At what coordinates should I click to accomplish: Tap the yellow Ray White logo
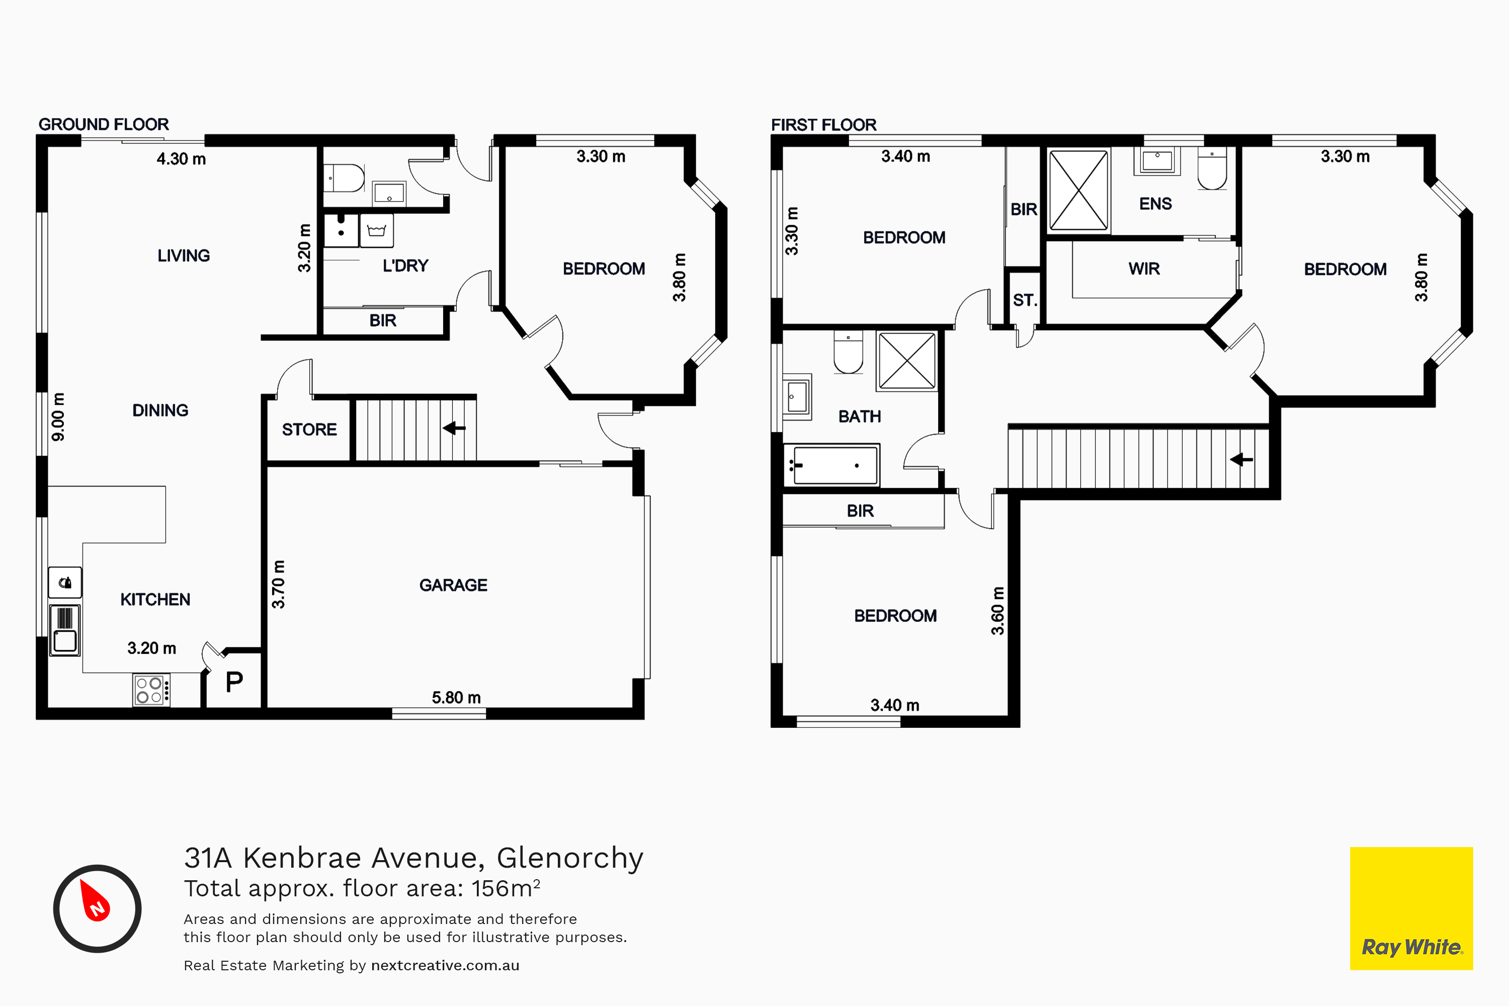(x=1411, y=908)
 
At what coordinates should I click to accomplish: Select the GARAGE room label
(x=453, y=585)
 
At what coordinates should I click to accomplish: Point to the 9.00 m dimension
(x=58, y=416)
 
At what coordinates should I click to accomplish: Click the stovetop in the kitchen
(x=151, y=690)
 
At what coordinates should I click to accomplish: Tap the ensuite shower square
(x=1078, y=190)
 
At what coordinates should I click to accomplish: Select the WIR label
(x=1144, y=269)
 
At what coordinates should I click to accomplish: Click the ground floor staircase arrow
(x=454, y=427)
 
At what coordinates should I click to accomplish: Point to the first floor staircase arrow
(x=1241, y=459)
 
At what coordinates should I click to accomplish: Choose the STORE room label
(x=309, y=429)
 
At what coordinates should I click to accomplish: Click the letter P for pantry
(x=234, y=682)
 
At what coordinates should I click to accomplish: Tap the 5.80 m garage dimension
(x=456, y=697)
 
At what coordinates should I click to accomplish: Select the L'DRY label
(x=405, y=266)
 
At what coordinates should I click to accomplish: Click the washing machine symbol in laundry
(x=377, y=230)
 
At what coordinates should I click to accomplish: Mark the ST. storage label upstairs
(x=1025, y=300)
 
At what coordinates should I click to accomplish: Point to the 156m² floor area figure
(x=506, y=888)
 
